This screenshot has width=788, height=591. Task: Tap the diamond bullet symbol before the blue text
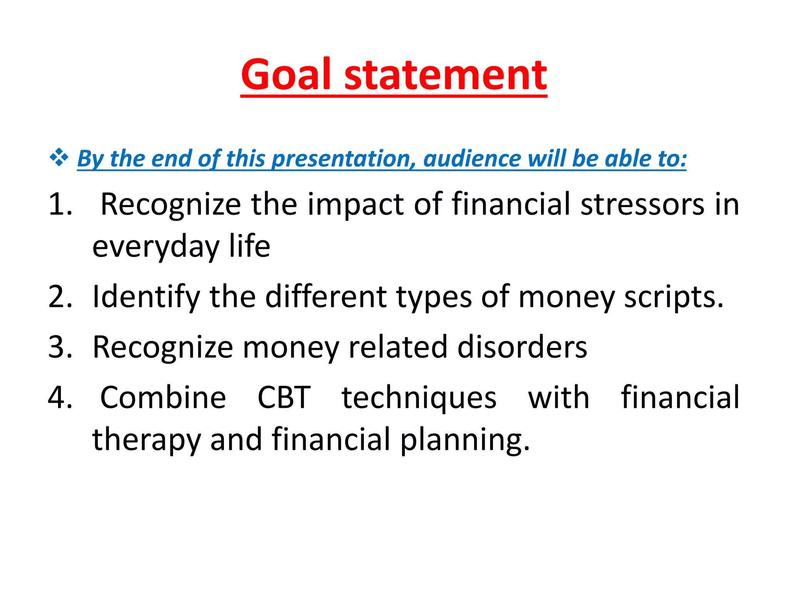(x=59, y=157)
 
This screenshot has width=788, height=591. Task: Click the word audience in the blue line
(x=471, y=158)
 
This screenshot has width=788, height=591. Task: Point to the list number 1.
(x=60, y=204)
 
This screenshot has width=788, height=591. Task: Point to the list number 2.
(x=60, y=297)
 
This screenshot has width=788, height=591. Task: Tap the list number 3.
(x=60, y=347)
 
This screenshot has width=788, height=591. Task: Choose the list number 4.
(x=60, y=397)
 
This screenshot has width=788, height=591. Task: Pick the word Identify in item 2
(x=146, y=297)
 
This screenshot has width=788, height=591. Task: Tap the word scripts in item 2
(x=673, y=297)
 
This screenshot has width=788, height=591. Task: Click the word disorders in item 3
(x=522, y=347)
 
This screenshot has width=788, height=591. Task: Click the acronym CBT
(x=284, y=397)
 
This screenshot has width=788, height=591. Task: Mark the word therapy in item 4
(x=146, y=440)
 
